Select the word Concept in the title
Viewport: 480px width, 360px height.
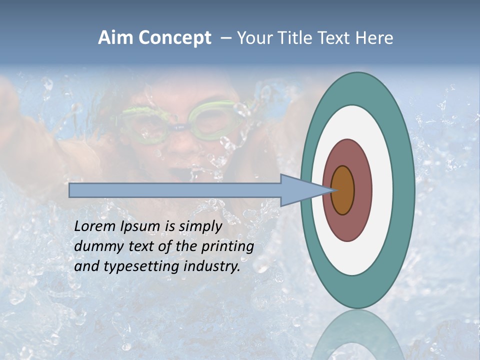[174, 38]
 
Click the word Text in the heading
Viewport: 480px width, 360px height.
[333, 38]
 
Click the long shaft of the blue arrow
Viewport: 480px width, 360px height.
[175, 190]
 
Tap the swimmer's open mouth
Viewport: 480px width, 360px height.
[177, 172]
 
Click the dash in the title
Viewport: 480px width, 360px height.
[225, 38]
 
